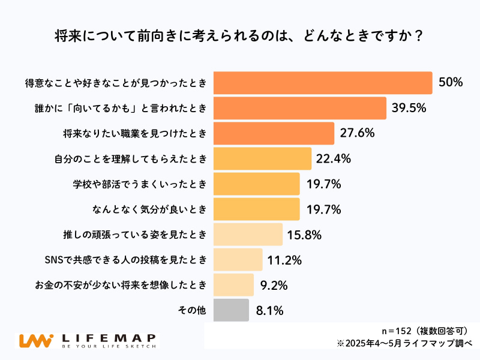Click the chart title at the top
[x=240, y=35]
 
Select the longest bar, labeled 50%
[x=323, y=83]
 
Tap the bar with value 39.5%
[x=299, y=108]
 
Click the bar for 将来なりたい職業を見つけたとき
[x=274, y=133]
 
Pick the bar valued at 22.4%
[x=262, y=158]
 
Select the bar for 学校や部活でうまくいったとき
[x=256, y=184]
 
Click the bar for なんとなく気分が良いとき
[x=256, y=209]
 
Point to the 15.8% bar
[x=248, y=234]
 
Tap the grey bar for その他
[x=231, y=310]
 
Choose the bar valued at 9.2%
[x=233, y=285]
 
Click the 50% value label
[x=451, y=83]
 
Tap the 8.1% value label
[x=269, y=310]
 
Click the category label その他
[x=192, y=310]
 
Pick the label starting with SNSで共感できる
[x=126, y=260]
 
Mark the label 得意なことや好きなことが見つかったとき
[x=119, y=83]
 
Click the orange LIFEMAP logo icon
[x=34, y=340]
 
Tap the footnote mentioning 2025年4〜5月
[x=404, y=344]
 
